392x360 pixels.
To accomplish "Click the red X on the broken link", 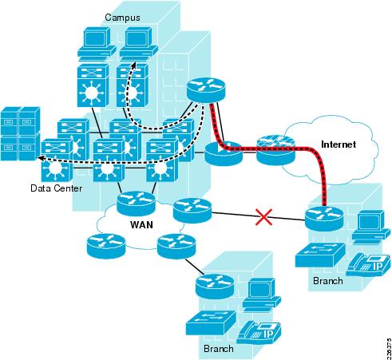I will click(259, 216).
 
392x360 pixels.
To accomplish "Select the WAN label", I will click(142, 225).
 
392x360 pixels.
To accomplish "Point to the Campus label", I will click(124, 16).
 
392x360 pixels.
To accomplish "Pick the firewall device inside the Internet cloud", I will click(276, 149).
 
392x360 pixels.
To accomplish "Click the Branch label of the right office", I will click(327, 281).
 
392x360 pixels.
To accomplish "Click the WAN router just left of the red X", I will click(192, 211).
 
